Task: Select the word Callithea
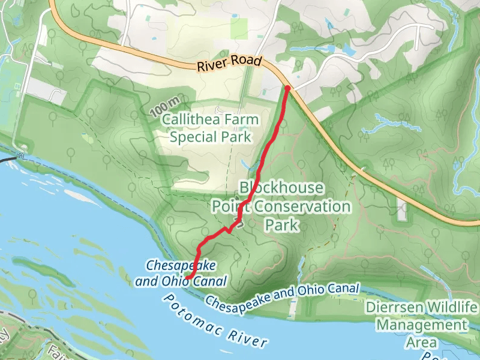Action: click(x=191, y=120)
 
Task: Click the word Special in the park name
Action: click(x=191, y=137)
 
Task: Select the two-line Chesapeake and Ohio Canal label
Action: click(x=181, y=273)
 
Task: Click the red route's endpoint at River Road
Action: click(x=287, y=88)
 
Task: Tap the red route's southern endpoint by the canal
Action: click(x=187, y=277)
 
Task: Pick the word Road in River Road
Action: click(x=248, y=62)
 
